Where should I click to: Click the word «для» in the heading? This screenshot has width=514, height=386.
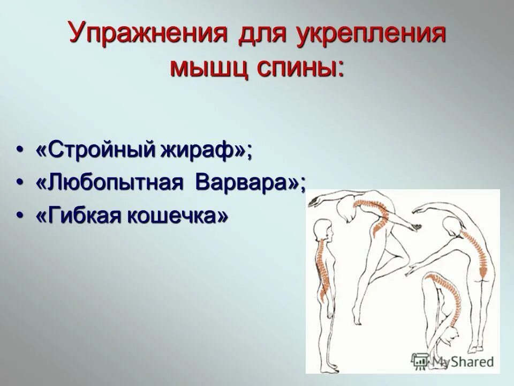254,35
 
